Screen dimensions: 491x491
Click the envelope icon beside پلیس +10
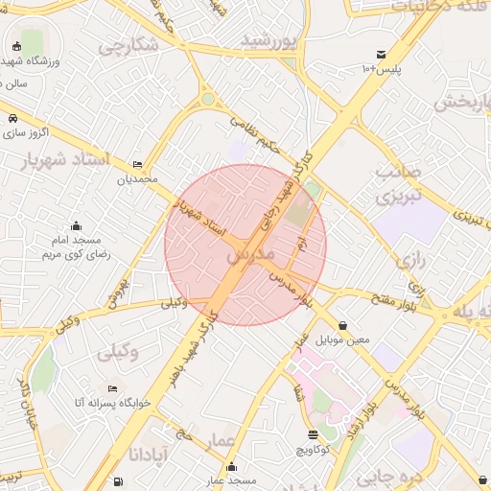[382, 55]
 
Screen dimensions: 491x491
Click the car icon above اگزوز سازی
[12, 118]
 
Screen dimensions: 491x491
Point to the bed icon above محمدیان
[137, 165]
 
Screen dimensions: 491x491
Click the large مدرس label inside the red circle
[251, 256]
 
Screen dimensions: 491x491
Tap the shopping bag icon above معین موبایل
[342, 325]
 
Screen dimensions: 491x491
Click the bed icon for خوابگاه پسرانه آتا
[113, 389]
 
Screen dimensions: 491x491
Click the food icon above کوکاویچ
[313, 434]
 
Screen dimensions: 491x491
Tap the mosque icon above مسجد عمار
[230, 467]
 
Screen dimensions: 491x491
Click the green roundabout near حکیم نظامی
[208, 99]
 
